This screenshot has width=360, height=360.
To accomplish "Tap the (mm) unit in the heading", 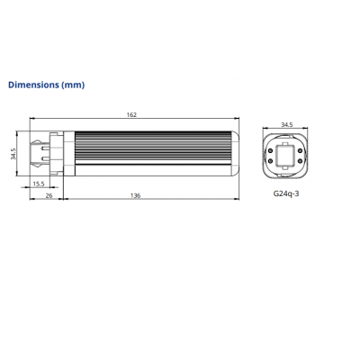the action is click(73, 85).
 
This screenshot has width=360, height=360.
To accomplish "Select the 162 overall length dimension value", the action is click(131, 114).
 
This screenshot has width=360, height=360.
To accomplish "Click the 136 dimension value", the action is click(135, 195).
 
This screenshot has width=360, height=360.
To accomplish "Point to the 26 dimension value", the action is click(49, 195).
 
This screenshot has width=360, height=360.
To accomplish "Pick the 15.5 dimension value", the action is click(39, 184).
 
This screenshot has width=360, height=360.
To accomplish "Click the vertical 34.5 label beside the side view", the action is click(13, 154).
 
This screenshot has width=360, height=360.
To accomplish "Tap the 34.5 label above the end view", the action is click(287, 125).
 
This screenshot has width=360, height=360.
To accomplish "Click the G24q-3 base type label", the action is click(286, 193).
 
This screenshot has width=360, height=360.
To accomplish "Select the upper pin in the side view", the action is click(45, 148).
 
